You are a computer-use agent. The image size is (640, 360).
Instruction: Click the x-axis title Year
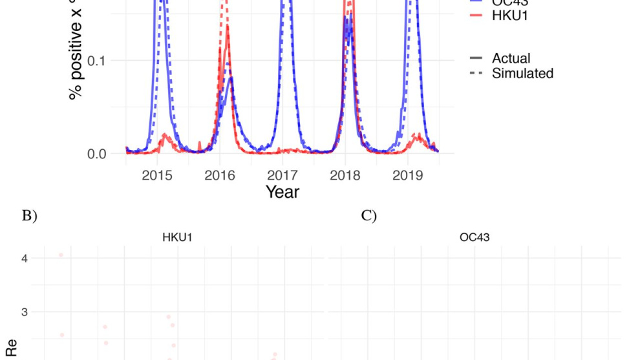(x=283, y=192)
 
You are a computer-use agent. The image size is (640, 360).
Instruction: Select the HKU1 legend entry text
(x=510, y=16)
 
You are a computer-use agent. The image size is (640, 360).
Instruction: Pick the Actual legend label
(x=511, y=59)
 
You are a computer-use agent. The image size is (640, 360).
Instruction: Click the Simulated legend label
(x=522, y=74)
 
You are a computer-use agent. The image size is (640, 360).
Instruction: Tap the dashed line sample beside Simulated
(x=478, y=74)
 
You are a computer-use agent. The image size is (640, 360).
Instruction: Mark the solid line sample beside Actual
(x=478, y=59)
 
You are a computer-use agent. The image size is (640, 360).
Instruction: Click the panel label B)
(x=29, y=216)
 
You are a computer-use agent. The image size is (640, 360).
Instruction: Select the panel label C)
(x=368, y=216)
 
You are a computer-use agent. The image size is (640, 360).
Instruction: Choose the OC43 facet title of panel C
(x=474, y=237)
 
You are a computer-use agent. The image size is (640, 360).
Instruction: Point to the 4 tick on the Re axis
(x=25, y=259)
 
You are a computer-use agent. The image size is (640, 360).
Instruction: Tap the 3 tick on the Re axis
(x=25, y=312)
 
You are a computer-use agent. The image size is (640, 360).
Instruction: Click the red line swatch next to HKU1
(x=478, y=16)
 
